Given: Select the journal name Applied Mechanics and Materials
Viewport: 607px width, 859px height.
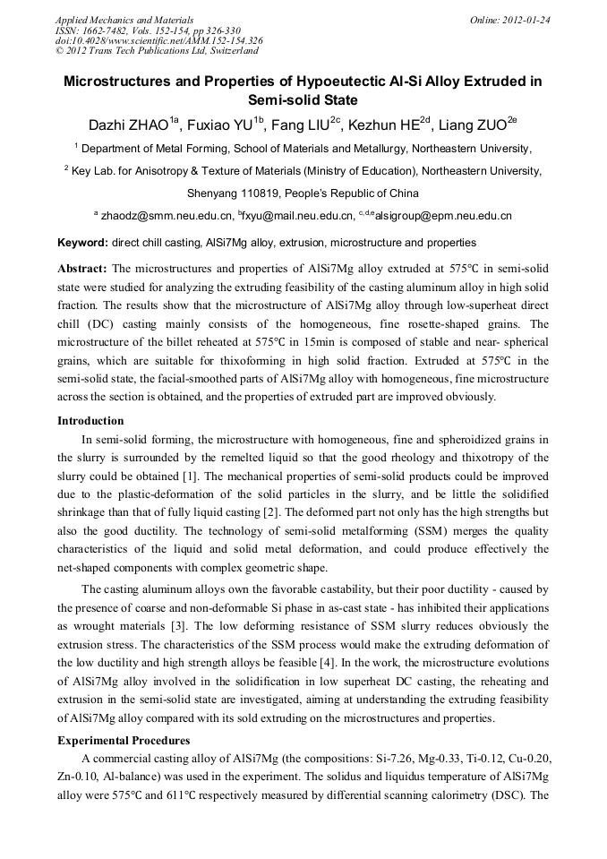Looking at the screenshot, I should [124, 20].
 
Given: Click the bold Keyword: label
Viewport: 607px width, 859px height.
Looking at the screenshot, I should [82, 243].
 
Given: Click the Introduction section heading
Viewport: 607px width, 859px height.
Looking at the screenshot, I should [90, 421].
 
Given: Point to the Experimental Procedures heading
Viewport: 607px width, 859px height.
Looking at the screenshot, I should [123, 741].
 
